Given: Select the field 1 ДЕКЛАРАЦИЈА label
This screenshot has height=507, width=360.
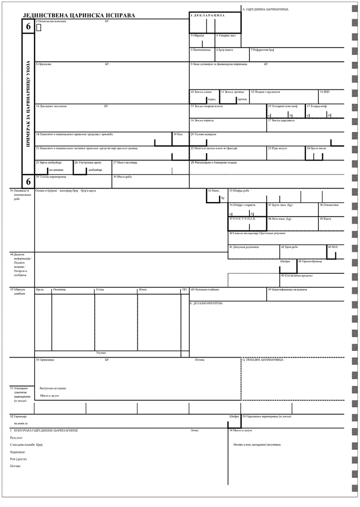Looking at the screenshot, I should pyautogui.click(x=207, y=16).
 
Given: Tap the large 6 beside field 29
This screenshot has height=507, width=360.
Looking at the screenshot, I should pyautogui.click(x=28, y=181).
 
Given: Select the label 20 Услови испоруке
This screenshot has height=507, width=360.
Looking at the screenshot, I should pyautogui.click(x=203, y=134).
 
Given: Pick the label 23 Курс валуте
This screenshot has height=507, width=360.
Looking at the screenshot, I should pyautogui.click(x=276, y=148).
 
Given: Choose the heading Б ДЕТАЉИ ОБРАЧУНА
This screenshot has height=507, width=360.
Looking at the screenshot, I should pyautogui.click(x=206, y=303).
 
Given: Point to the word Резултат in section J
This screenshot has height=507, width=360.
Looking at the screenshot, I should pyautogui.click(x=17, y=438).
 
